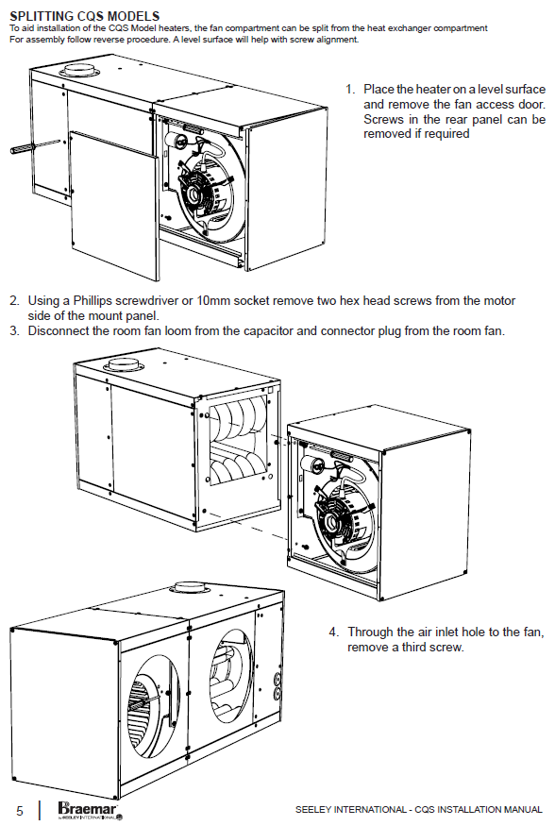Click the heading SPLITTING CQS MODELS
tap(85, 16)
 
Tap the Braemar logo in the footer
tap(90, 810)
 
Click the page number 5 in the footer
tap(20, 811)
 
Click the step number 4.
tap(334, 632)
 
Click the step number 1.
tap(350, 90)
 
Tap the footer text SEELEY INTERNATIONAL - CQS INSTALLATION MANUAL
tap(419, 810)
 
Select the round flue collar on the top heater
tap(79, 70)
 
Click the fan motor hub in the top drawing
tap(193, 194)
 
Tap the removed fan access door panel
tap(114, 206)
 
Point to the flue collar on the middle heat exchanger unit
tap(122, 364)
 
